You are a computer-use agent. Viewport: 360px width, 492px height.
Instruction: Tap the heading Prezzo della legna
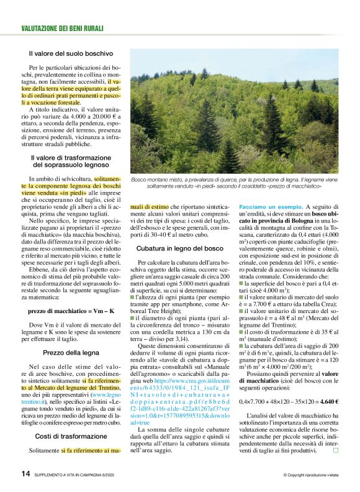[x=70, y=352]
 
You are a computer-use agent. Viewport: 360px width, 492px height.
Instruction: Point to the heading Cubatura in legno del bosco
[x=181, y=248]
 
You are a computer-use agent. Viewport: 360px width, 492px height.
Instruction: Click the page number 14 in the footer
[x=25, y=474]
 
